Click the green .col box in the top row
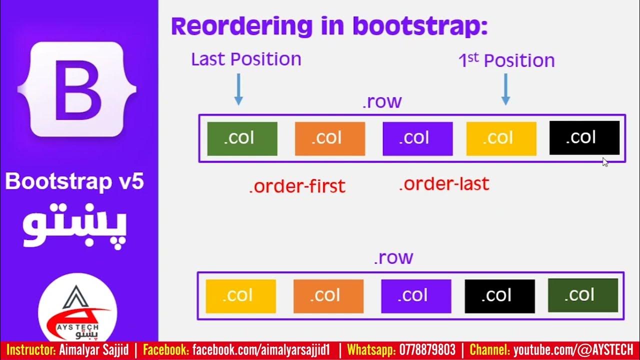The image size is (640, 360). [242, 138]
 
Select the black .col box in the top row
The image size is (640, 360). [584, 138]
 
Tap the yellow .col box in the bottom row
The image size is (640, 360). [240, 296]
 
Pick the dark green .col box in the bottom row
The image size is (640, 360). [582, 295]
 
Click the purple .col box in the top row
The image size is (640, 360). [417, 138]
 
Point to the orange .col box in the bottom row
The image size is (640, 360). [328, 296]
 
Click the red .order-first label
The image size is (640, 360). [297, 186]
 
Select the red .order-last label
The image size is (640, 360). [444, 184]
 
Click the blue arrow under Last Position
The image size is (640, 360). [238, 89]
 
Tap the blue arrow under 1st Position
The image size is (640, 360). [505, 89]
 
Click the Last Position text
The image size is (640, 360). [246, 59]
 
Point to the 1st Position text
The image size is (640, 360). [506, 60]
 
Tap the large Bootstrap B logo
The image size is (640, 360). [76, 90]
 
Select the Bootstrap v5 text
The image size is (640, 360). [74, 181]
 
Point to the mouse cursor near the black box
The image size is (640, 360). [604, 161]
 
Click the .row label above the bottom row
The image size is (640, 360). [393, 257]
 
